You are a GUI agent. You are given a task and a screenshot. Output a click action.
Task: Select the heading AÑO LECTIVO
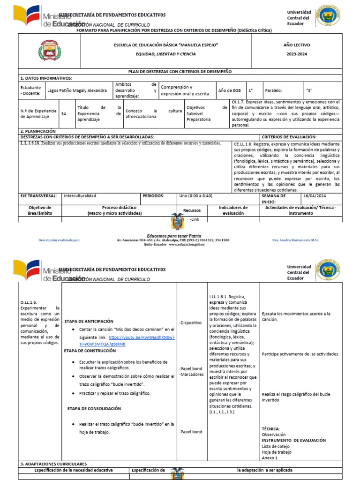pyautogui.click(x=296, y=45)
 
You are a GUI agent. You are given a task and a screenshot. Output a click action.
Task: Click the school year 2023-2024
pyautogui.click(x=296, y=54)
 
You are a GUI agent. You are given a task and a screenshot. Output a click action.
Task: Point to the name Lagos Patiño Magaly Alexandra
pyautogui.click(x=77, y=90)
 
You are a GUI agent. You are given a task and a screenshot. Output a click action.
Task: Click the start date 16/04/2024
pyautogui.click(x=315, y=196)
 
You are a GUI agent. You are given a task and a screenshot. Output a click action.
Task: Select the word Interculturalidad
pyautogui.click(x=80, y=196)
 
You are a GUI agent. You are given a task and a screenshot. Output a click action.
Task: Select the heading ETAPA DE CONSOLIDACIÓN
pyautogui.click(x=94, y=408)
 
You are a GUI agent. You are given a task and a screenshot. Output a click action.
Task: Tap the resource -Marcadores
pyautogui.click(x=191, y=375)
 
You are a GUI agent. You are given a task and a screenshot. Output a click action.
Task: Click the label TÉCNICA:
pyautogui.click(x=270, y=428)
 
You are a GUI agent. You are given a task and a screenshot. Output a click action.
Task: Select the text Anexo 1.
pyautogui.click(x=270, y=457)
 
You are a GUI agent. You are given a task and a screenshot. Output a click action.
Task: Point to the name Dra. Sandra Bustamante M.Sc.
pyautogui.click(x=295, y=240)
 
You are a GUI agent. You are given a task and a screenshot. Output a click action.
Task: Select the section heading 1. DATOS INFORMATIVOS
pyautogui.click(x=46, y=78)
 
